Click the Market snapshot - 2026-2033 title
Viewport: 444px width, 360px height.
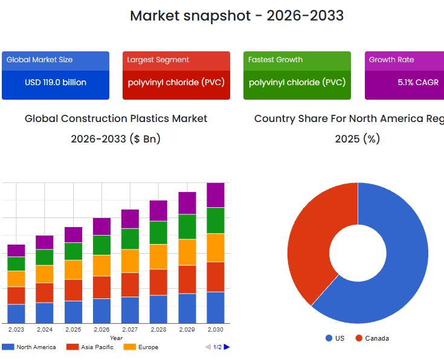[237, 16]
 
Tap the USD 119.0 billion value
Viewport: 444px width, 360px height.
[56, 82]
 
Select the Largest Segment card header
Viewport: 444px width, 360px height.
[158, 60]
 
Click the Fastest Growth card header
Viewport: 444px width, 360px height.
[275, 60]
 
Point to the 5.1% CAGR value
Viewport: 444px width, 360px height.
[418, 82]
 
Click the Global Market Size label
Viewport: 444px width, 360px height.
[39, 60]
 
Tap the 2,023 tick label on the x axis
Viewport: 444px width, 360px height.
[16, 330]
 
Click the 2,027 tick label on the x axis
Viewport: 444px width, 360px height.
[130, 330]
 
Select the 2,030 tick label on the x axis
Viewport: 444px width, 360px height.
[216, 330]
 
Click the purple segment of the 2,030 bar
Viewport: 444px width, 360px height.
[216, 195]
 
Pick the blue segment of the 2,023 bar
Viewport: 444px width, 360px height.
[16, 313]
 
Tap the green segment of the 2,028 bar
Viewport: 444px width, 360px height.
[158, 233]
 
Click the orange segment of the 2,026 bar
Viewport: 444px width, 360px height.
[101, 265]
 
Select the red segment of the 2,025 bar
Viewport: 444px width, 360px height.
[73, 290]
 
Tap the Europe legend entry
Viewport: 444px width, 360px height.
[141, 347]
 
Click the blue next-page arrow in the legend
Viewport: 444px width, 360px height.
[227, 347]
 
